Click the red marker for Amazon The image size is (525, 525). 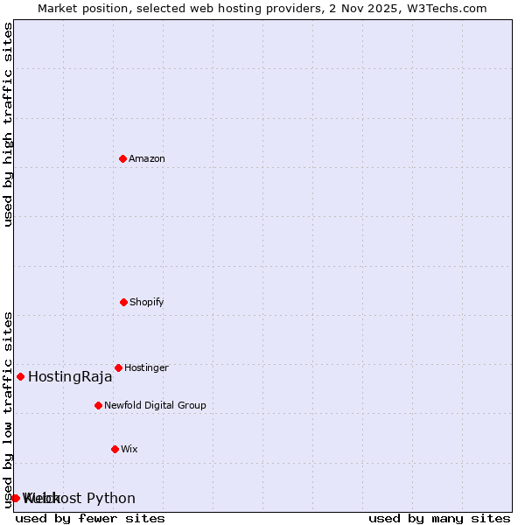coord(122,158)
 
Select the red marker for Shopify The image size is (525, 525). coord(123,302)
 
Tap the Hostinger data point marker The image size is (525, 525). coord(118,367)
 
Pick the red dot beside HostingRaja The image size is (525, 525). coord(20,376)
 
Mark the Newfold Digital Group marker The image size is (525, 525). coord(98,405)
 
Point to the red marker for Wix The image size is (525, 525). coord(115,449)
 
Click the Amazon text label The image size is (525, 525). coord(147,158)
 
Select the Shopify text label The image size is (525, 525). coord(147,302)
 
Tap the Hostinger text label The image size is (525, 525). coord(146,367)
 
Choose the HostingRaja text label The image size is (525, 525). coord(70,377)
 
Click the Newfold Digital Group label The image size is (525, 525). coord(155,405)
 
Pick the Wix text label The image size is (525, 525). coord(129,449)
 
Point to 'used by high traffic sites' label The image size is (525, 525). coord(9,124)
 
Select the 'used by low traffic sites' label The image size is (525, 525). coord(9,409)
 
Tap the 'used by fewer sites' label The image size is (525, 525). coord(90,518)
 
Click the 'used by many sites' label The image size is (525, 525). coord(439,518)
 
